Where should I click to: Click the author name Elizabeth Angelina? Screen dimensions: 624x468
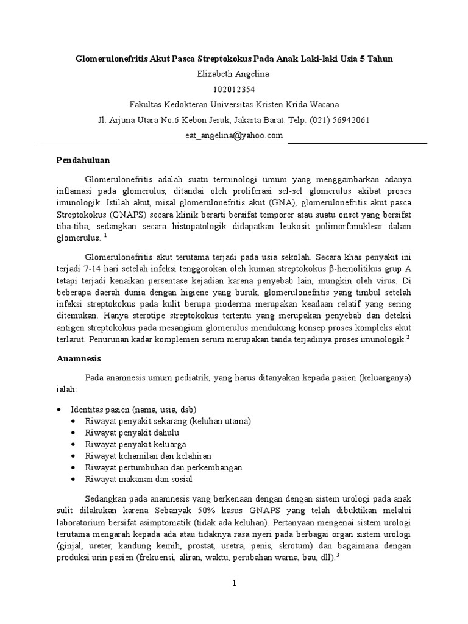pyautogui.click(x=234, y=74)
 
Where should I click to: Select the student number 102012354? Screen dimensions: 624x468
pyautogui.click(x=234, y=89)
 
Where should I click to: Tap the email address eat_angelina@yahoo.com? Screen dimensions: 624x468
pyautogui.click(x=234, y=135)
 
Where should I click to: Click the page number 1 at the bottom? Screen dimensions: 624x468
pyautogui.click(x=233, y=583)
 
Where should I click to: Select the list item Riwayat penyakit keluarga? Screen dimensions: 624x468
pyautogui.click(x=136, y=444)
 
